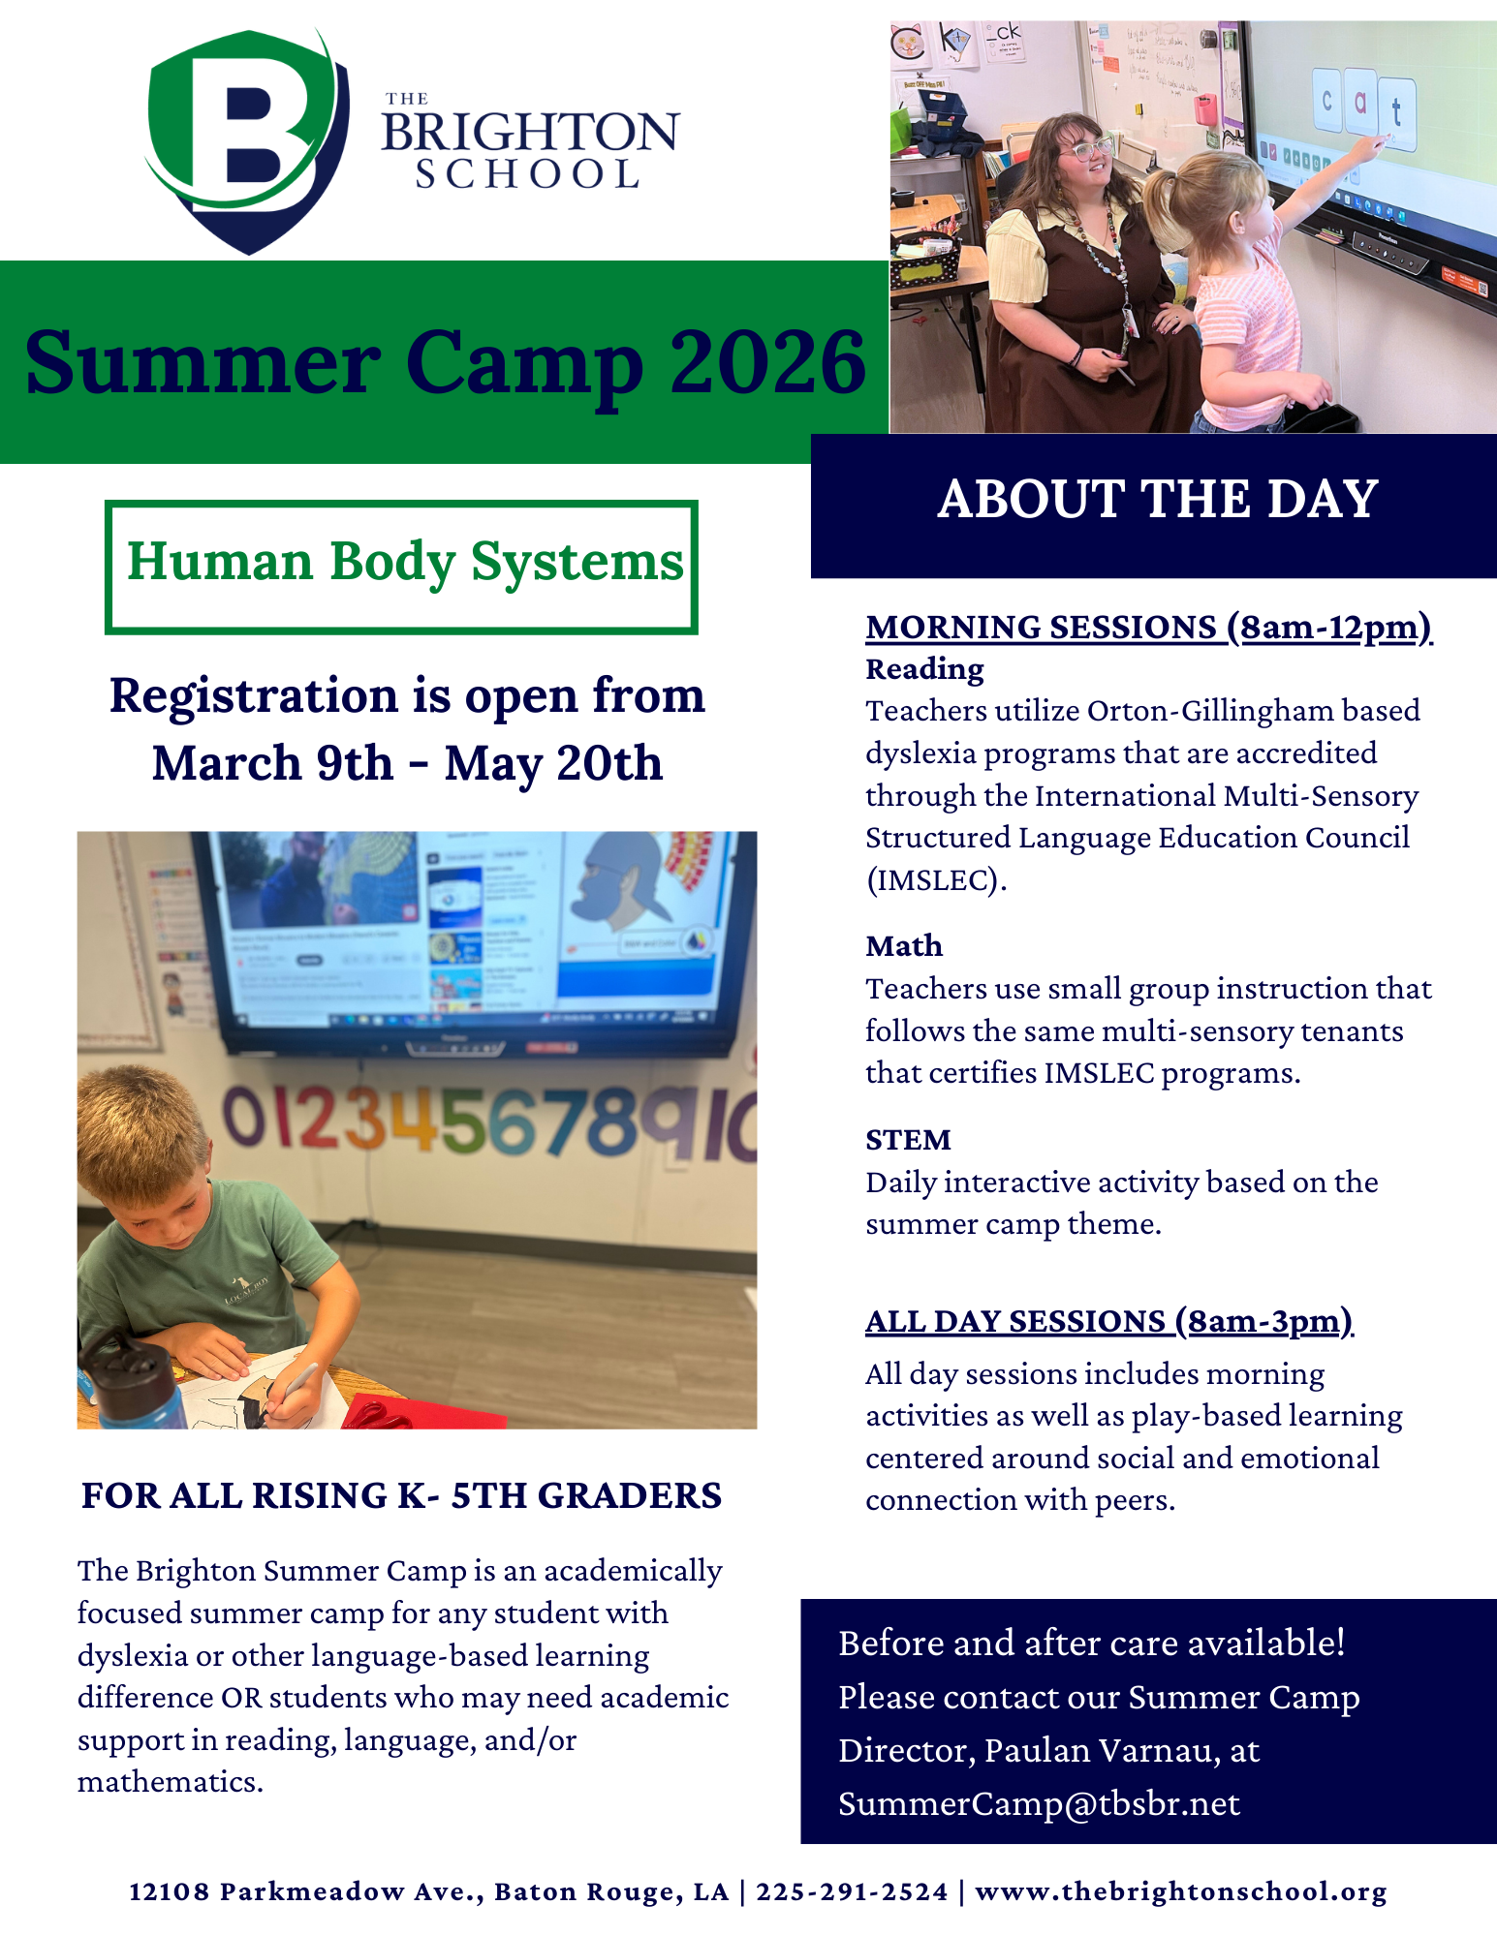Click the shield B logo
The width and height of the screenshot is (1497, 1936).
247,141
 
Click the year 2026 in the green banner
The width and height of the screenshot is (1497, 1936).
767,363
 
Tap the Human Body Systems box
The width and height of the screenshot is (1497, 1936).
401,567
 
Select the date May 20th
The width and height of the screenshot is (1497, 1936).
553,763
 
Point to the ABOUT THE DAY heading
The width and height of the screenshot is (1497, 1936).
1157,499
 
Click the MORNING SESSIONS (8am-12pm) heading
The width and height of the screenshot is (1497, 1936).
1149,628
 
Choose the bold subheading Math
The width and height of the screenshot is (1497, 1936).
904,945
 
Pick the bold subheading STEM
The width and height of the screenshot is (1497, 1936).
908,1139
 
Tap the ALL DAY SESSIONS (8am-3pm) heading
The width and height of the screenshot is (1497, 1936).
1109,1321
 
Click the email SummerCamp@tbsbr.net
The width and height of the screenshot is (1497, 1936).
1039,1803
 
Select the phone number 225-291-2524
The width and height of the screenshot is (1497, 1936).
852,1891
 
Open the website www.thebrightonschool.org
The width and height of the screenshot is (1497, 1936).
1181,1892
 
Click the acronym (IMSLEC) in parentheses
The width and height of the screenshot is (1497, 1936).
936,879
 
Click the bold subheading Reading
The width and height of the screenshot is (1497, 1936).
924,669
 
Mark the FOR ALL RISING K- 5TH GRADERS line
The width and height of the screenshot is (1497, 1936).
401,1495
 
